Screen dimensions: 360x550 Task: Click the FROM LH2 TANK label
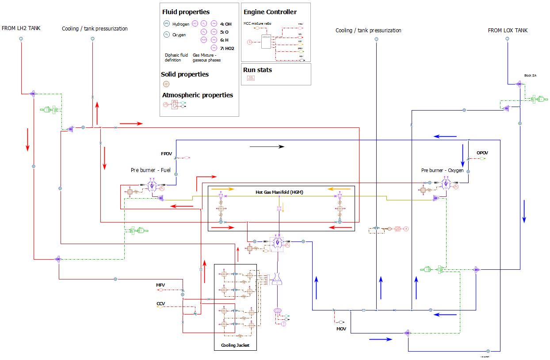point(21,28)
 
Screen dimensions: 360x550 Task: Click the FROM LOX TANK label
point(508,31)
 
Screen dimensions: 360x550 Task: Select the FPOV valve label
point(166,154)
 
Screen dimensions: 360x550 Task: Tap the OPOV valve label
point(482,153)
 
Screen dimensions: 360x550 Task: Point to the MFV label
point(160,285)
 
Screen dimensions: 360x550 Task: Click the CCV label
point(160,304)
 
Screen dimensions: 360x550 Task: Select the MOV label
point(341,329)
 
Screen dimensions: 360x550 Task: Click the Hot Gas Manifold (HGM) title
point(279,192)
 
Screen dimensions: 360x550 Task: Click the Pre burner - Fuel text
point(150,170)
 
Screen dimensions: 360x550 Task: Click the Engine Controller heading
point(270,12)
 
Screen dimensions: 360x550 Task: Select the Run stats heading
point(257,70)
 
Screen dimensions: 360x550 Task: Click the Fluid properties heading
point(186,12)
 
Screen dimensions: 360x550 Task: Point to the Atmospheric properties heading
point(197,95)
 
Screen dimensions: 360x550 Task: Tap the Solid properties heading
point(185,74)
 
